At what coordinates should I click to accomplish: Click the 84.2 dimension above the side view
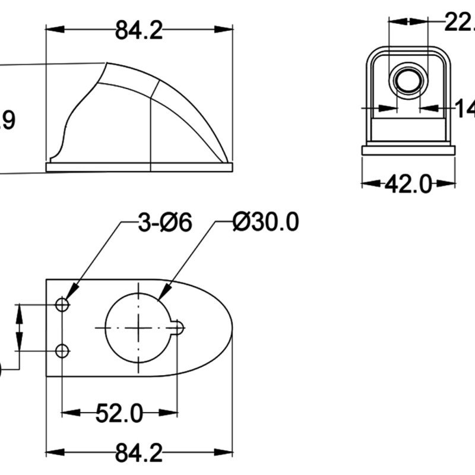click(139, 30)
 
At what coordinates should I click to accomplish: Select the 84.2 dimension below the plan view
click(139, 454)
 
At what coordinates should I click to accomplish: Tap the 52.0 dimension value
click(119, 413)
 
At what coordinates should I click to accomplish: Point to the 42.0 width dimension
click(408, 184)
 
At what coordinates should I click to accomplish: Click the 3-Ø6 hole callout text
click(165, 224)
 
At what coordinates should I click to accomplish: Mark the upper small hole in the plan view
click(62, 305)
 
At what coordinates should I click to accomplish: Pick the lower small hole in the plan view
click(62, 351)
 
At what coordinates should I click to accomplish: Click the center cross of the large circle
click(138, 327)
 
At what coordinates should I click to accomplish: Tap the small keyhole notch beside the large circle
click(178, 327)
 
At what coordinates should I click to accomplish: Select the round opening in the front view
click(408, 80)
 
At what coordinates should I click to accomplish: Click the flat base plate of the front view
click(408, 150)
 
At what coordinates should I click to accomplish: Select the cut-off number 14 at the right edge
click(464, 109)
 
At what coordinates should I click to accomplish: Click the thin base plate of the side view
click(139, 167)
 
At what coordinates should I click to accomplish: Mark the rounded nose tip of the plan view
click(231, 327)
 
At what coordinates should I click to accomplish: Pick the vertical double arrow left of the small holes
click(20, 328)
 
